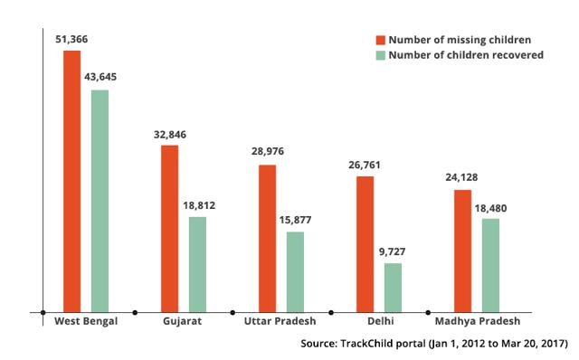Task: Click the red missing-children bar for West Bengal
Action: [x=71, y=181]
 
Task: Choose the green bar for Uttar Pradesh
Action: [x=295, y=271]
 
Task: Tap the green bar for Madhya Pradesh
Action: [x=490, y=265]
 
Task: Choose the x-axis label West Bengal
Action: [x=86, y=322]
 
